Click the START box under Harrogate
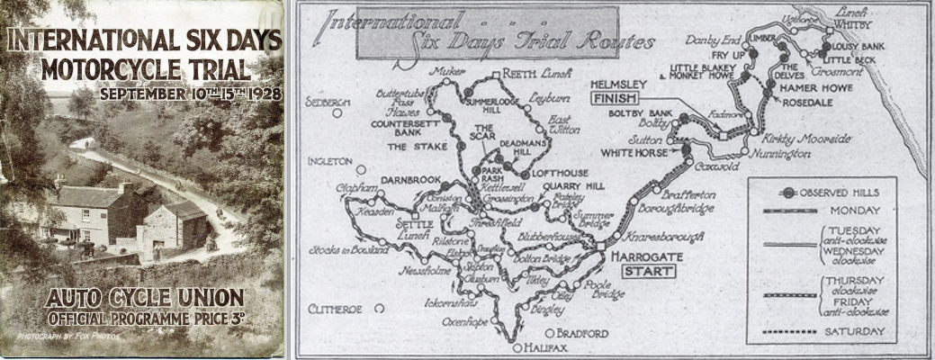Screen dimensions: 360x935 (649, 270)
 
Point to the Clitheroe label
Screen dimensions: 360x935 (336, 309)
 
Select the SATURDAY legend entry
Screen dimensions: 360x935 (849, 332)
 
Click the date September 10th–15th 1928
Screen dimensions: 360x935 (191, 93)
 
